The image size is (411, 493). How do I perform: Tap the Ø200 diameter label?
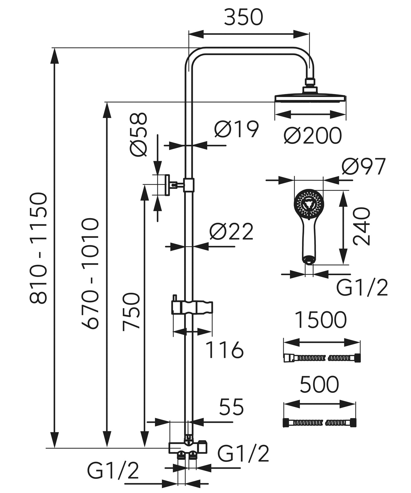(x=312, y=135)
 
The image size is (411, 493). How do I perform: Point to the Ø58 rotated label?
(x=138, y=135)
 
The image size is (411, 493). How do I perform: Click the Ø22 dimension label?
(x=231, y=231)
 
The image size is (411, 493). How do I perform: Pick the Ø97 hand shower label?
(x=364, y=167)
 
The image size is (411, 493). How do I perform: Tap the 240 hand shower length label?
(x=361, y=226)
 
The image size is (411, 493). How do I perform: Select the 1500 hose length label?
(x=320, y=320)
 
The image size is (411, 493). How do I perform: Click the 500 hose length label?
(x=319, y=385)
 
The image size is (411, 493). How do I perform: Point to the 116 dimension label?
(x=224, y=350)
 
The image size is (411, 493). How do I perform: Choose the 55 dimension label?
(x=231, y=407)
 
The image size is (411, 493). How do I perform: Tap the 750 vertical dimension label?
(x=131, y=312)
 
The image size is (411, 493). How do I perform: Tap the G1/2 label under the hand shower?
(x=362, y=288)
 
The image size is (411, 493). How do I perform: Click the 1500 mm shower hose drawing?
(x=322, y=358)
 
